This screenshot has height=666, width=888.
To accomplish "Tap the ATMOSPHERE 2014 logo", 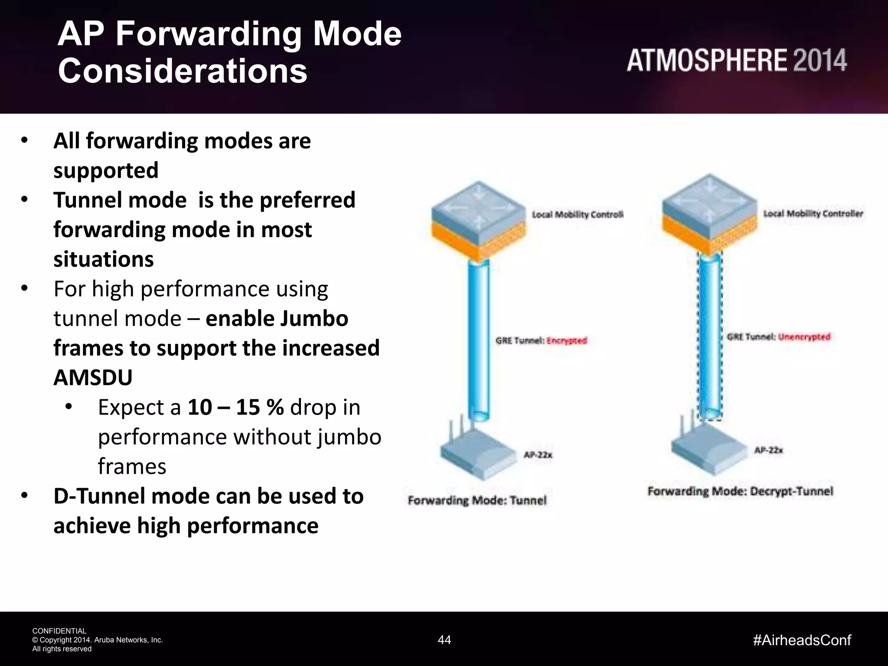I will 736,61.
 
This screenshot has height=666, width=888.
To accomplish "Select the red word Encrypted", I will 567,341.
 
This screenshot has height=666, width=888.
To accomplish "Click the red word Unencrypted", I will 804,337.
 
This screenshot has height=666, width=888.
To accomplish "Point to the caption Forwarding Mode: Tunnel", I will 477,501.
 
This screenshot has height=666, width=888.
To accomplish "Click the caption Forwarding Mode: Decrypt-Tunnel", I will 740,492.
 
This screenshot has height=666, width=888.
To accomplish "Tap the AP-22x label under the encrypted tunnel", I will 538,455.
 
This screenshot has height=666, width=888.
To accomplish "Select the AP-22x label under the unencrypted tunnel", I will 768,451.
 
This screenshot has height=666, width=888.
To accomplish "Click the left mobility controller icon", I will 478,221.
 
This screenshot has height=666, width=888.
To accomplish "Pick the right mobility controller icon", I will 710,215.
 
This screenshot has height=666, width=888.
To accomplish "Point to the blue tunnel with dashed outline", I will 710,338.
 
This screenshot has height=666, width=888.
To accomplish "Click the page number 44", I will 444,640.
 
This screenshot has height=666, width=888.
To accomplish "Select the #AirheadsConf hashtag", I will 802,640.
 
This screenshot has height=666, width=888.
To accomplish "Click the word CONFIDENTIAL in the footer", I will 59,631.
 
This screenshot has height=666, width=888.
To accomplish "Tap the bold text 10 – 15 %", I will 235,408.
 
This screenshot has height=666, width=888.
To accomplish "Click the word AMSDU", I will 93,378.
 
